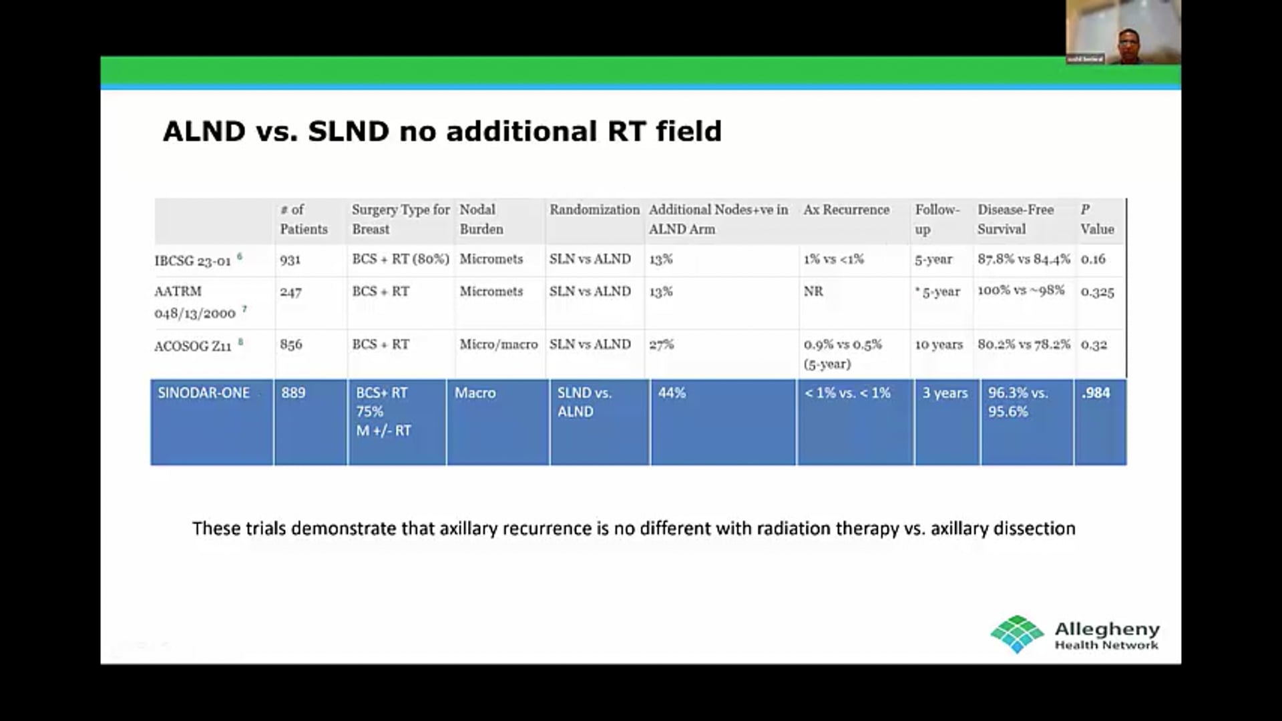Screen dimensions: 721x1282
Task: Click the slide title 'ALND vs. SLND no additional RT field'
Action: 442,131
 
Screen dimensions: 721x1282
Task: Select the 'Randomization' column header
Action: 594,210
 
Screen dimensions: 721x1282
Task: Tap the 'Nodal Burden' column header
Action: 481,219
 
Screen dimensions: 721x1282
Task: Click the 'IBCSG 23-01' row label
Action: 193,260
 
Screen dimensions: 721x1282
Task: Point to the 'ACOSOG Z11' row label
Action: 193,346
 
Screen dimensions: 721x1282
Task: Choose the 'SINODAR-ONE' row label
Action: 204,393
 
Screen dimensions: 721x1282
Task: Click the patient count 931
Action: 290,260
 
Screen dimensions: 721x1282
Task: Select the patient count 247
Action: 291,292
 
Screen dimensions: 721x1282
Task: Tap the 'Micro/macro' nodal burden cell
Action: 499,344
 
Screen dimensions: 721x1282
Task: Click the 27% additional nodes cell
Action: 662,344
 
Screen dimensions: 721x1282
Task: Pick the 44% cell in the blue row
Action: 672,393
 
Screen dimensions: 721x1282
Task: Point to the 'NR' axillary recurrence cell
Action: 813,292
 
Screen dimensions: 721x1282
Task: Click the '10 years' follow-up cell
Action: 939,345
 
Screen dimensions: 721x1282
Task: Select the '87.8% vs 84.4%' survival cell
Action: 1024,259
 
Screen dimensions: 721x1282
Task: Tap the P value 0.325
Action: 1097,292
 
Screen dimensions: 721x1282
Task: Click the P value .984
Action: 1096,393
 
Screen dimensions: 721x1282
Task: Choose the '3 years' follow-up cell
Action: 945,393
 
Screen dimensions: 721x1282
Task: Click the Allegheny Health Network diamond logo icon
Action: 1017,634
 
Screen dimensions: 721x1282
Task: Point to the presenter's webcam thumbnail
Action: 1123,32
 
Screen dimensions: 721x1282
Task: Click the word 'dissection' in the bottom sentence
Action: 1034,529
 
